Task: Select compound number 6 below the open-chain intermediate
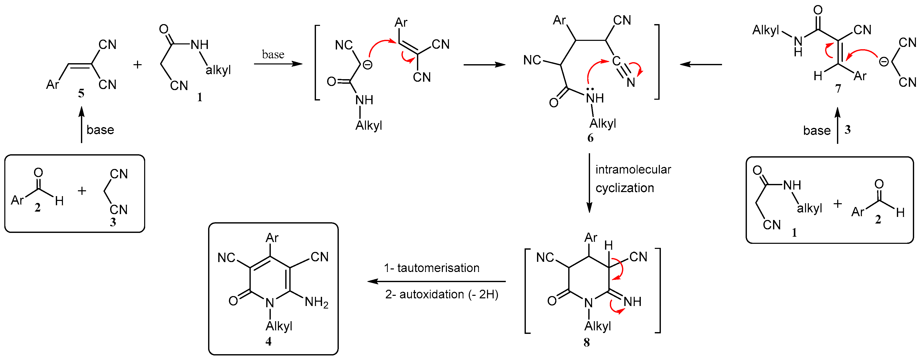point(590,138)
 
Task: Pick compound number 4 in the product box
point(269,341)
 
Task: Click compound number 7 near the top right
point(838,88)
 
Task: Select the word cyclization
point(625,188)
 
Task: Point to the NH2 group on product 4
point(316,302)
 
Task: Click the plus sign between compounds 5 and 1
point(138,65)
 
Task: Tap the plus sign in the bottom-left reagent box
point(82,191)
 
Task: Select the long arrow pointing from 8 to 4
point(437,281)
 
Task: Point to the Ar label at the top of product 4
point(272,238)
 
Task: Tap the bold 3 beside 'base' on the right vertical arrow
point(848,130)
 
